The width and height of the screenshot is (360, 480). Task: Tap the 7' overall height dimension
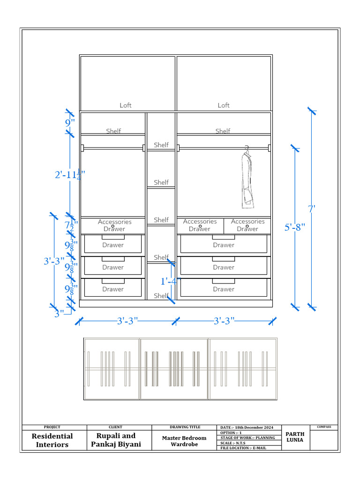click(311, 208)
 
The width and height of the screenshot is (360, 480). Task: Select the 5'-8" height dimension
click(295, 227)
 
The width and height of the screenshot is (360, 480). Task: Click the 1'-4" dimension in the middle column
click(170, 281)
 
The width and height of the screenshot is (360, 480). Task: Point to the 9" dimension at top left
click(70, 123)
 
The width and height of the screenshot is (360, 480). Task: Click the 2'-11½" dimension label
click(69, 175)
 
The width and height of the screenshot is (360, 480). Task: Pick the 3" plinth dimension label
click(59, 314)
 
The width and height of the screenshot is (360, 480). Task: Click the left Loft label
click(126, 105)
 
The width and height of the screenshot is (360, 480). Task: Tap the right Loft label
click(224, 105)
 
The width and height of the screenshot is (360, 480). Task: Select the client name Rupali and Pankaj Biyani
click(116, 440)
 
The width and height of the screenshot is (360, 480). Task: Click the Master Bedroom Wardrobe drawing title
click(184, 441)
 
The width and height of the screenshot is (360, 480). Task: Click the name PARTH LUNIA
click(295, 437)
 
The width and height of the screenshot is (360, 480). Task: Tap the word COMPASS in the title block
click(323, 427)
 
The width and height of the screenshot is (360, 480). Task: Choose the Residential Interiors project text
click(52, 440)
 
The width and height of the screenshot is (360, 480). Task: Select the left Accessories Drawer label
click(114, 225)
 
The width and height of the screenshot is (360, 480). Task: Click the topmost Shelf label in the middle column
click(161, 145)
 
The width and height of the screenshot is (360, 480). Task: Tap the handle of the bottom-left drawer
click(113, 281)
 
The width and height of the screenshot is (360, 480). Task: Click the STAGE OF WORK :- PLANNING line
click(247, 438)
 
